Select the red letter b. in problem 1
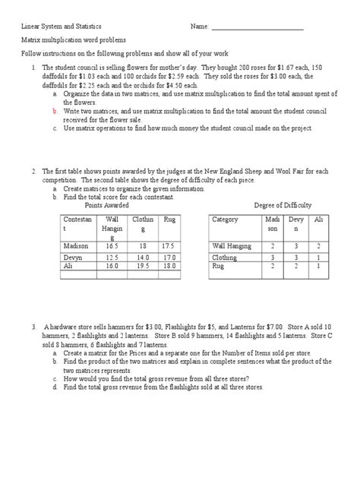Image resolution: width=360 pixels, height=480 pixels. [55, 110]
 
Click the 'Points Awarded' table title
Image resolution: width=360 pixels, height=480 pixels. [106, 205]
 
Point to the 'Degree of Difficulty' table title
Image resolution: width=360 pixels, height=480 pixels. [282, 205]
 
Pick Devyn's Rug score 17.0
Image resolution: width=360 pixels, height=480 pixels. [170, 258]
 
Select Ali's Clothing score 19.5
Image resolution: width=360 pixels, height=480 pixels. [142, 267]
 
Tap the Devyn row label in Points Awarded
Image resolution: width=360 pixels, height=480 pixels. [71, 258]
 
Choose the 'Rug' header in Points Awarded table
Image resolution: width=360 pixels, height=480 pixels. [169, 219]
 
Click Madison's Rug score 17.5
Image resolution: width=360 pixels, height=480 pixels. [170, 247]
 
